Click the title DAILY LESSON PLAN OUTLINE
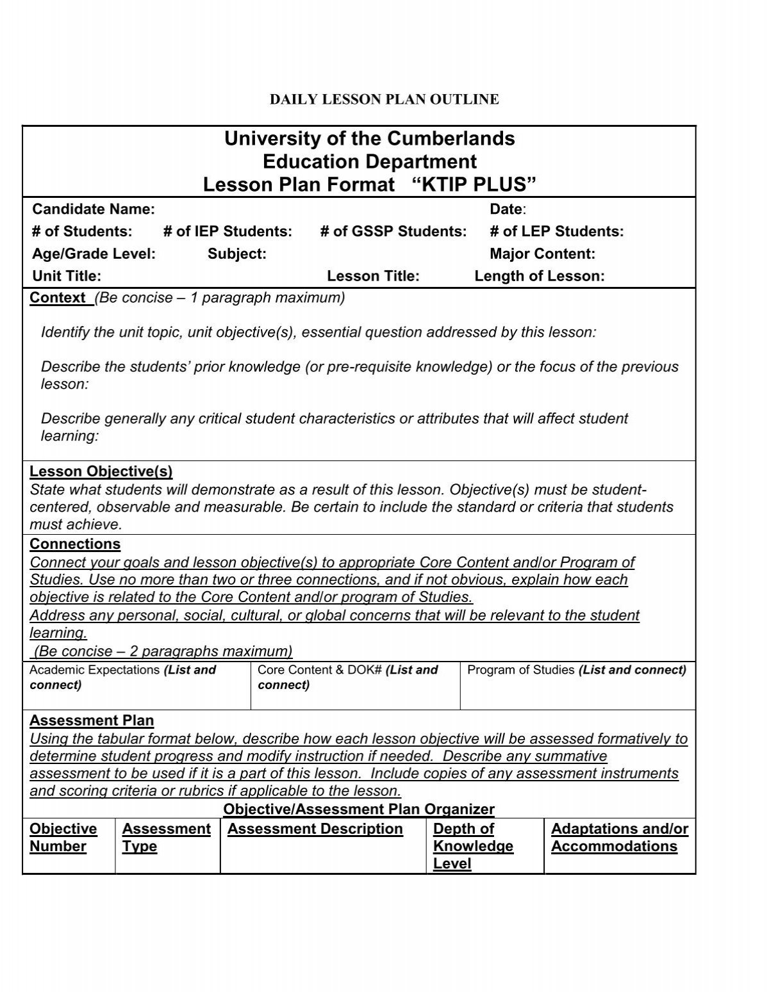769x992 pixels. pyautogui.click(x=384, y=99)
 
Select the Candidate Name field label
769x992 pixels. pyautogui.click(x=94, y=209)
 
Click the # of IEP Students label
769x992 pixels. pyautogui.click(x=227, y=231)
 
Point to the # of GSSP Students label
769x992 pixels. pyautogui.click(x=393, y=231)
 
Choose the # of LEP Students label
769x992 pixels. pyautogui.click(x=556, y=231)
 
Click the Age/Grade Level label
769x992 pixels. pyautogui.click(x=94, y=254)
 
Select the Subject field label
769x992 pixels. pyautogui.click(x=236, y=254)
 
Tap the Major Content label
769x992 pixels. pyautogui.click(x=542, y=254)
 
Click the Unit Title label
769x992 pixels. pyautogui.click(x=67, y=276)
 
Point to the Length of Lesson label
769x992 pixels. pyautogui.click(x=540, y=276)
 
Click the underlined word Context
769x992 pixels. pyautogui.click(x=58, y=298)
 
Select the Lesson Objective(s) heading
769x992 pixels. pyautogui.click(x=101, y=472)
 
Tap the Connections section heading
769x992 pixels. pyautogui.click(x=75, y=544)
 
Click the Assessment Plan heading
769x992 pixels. pyautogui.click(x=92, y=720)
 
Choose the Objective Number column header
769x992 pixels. pyautogui.click(x=63, y=838)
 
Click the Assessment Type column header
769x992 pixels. pyautogui.click(x=166, y=838)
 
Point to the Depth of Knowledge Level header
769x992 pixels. pyautogui.click(x=473, y=846)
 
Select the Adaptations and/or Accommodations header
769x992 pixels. pyautogui.click(x=619, y=838)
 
